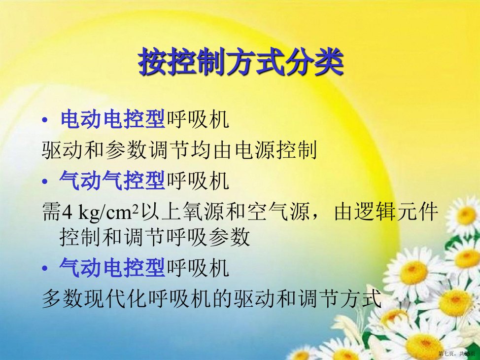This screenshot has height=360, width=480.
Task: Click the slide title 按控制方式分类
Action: [240, 62]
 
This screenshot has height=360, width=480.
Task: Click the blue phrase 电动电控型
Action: [113, 119]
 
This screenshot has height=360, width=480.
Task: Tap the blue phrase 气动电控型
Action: [112, 267]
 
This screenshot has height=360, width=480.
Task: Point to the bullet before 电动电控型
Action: [45, 120]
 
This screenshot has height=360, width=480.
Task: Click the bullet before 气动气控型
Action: [45, 181]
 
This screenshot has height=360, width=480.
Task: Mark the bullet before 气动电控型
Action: [45, 269]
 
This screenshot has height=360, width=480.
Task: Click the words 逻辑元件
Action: [386, 212]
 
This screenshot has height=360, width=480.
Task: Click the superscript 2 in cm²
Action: [137, 208]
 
